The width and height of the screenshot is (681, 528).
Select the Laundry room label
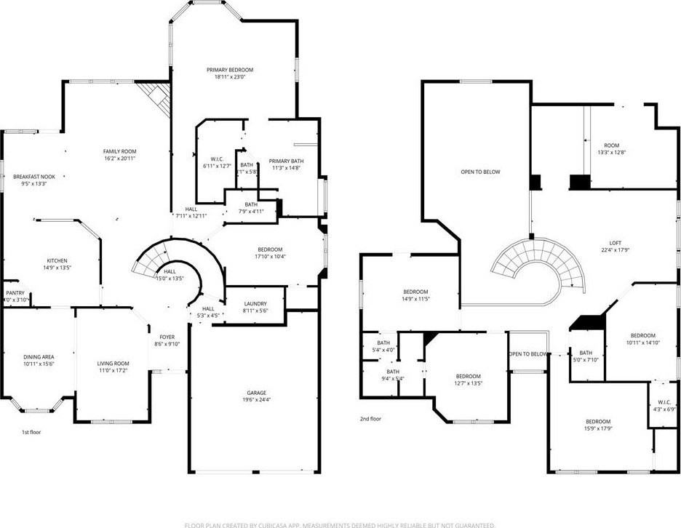pyautogui.click(x=255, y=303)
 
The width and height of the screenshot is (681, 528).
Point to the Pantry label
pyautogui.click(x=15, y=293)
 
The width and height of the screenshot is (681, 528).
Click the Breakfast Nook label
pyautogui.click(x=34, y=176)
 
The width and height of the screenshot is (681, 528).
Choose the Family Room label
pyautogui.click(x=119, y=151)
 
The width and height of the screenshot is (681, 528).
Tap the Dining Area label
pyautogui.click(x=39, y=356)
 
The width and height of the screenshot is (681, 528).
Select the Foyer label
pyautogui.click(x=167, y=337)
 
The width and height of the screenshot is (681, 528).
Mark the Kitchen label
pyautogui.click(x=57, y=260)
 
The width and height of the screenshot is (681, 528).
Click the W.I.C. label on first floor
pyautogui.click(x=216, y=159)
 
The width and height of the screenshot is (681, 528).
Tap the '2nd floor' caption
pyautogui.click(x=370, y=419)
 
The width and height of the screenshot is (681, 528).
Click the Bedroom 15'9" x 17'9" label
pyautogui.click(x=598, y=422)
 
